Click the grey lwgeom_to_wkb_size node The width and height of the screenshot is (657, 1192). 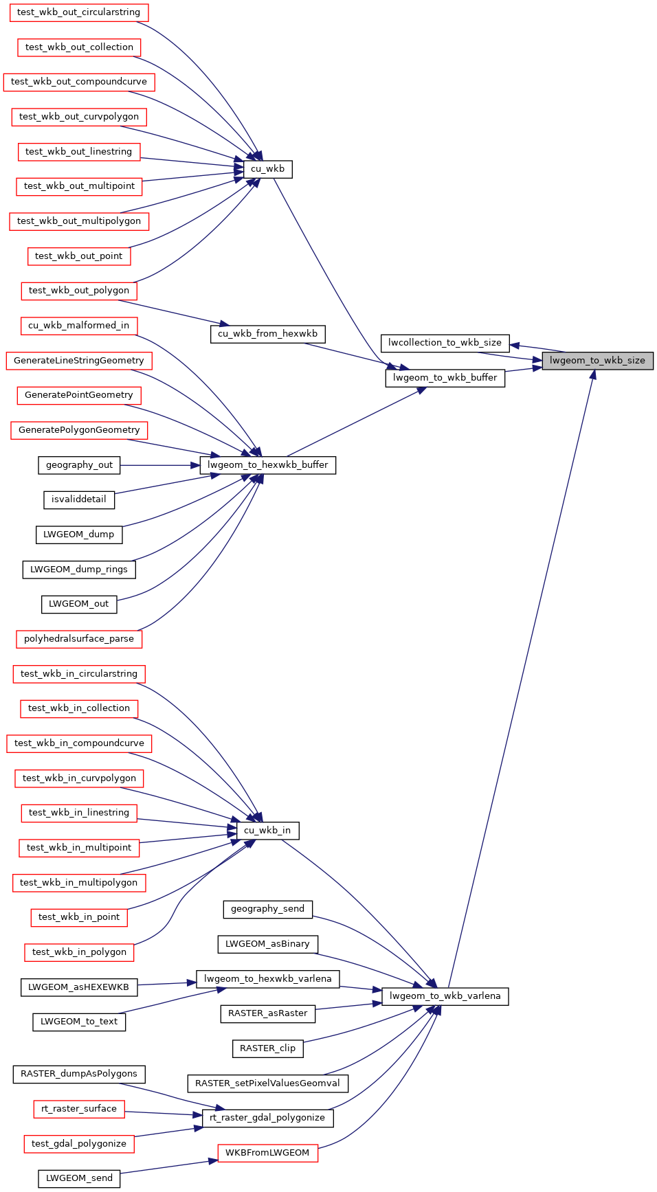click(597, 361)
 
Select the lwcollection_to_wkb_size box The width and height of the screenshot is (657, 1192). click(445, 343)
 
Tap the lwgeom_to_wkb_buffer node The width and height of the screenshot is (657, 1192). click(445, 378)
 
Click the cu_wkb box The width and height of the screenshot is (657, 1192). click(267, 169)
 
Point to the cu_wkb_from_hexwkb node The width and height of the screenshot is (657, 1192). click(267, 334)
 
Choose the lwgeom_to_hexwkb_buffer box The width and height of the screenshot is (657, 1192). click(267, 465)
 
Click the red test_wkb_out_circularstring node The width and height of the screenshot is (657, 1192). click(78, 12)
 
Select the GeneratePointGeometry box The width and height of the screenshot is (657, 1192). click(78, 395)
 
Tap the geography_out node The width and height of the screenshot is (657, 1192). click(79, 465)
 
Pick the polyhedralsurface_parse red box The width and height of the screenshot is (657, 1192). click(78, 639)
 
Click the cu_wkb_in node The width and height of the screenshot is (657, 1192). click(267, 831)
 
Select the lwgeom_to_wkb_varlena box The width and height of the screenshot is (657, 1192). click(445, 996)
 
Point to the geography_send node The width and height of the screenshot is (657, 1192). click(267, 909)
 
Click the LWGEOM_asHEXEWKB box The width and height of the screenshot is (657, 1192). click(78, 987)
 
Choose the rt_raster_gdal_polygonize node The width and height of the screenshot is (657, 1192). click(267, 1118)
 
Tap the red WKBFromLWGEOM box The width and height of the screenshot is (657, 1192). click(267, 1153)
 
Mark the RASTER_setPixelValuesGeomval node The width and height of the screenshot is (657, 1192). click(267, 1083)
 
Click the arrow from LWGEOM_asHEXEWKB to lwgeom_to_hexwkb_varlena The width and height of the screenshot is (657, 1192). click(167, 985)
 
